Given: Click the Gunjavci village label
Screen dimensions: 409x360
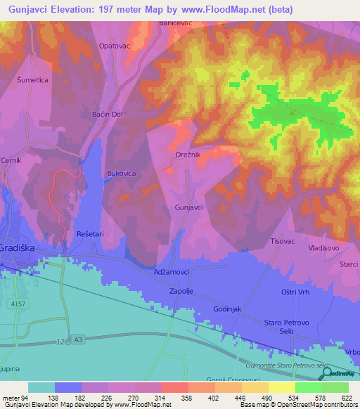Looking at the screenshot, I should coord(188,208).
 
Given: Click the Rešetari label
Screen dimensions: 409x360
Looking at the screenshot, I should coord(90,233).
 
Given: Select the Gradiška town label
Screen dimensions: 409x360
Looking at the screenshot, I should coord(18,249).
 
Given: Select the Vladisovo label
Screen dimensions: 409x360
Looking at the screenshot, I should coord(323,248).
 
